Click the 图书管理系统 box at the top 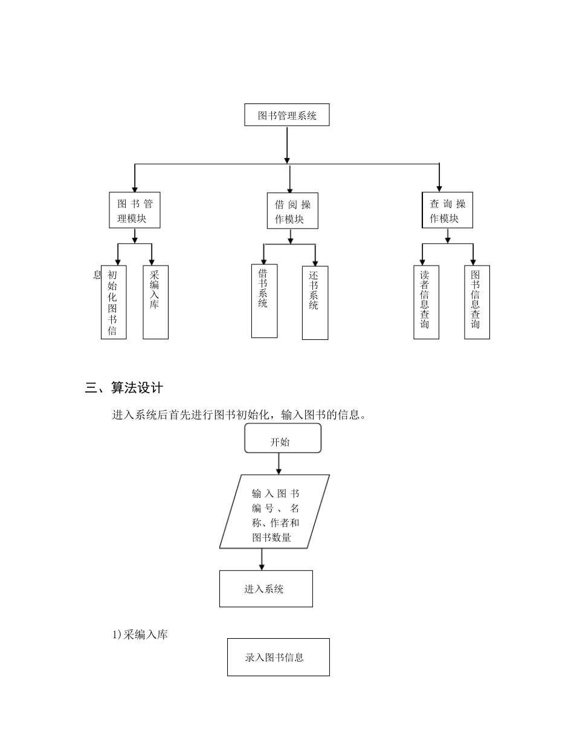click(x=286, y=115)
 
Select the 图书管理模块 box click(x=135, y=210)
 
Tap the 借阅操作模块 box click(x=292, y=211)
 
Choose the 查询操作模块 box click(x=447, y=210)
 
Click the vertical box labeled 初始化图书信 click(x=114, y=302)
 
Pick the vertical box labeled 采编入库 click(x=155, y=302)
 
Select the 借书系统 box click(x=264, y=301)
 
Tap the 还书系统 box click(x=315, y=302)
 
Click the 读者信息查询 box click(x=426, y=302)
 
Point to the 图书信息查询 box click(x=477, y=302)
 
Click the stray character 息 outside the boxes click(x=97, y=275)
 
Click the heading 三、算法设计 click(x=124, y=388)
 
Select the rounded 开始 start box click(x=282, y=439)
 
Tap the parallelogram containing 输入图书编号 click(x=275, y=511)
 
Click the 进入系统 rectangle click(x=266, y=589)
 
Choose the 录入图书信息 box click(x=278, y=657)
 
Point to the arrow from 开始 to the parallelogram click(x=279, y=463)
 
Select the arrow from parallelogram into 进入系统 click(x=262, y=559)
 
